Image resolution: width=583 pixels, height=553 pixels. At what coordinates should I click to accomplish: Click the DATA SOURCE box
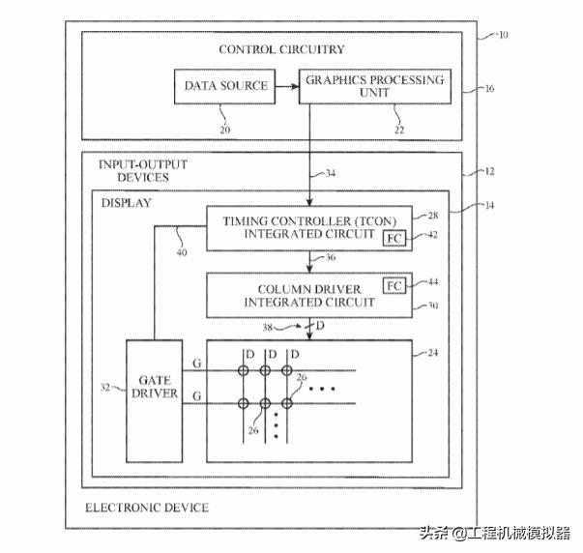coord(225,87)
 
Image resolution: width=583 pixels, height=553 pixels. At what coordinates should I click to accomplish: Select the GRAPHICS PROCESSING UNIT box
coord(375,87)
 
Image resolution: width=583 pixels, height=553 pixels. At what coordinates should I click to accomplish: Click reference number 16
coord(488,88)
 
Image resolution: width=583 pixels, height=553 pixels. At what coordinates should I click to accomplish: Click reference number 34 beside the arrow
coord(331,174)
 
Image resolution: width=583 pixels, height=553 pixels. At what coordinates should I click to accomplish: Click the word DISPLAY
coord(126,204)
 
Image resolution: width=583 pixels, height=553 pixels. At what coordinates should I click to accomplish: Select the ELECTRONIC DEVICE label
coord(146,508)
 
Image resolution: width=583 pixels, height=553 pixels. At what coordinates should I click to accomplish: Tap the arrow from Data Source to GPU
coord(286,87)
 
